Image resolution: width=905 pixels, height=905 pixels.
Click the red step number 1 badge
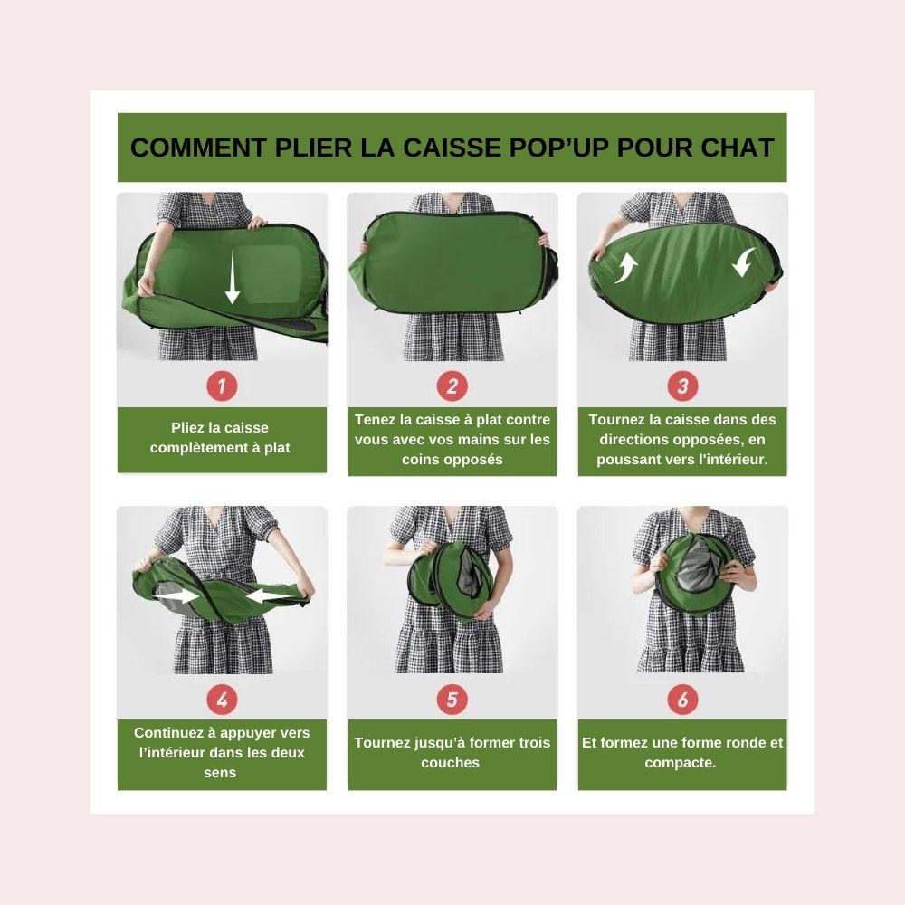tap(223, 386)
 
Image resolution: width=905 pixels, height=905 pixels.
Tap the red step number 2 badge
tap(452, 386)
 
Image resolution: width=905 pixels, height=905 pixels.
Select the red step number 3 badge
tap(682, 386)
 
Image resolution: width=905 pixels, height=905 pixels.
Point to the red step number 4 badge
tap(223, 700)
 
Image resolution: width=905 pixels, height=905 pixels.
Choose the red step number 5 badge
tap(452, 700)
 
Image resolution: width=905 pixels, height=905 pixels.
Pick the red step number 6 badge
tap(682, 700)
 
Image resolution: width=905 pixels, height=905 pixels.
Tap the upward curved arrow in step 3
tap(625, 268)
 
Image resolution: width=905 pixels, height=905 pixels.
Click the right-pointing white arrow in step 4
tap(177, 594)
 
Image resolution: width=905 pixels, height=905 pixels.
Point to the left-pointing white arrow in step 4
tap(270, 595)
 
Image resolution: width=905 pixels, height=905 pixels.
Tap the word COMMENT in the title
tap(198, 148)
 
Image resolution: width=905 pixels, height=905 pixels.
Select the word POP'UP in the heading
tap(558, 148)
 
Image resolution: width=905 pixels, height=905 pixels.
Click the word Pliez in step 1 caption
tap(187, 428)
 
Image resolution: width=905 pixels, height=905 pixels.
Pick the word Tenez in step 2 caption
tap(375, 420)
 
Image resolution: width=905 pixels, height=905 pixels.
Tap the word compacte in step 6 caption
tap(680, 763)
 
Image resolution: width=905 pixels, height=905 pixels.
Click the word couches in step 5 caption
tap(450, 762)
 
